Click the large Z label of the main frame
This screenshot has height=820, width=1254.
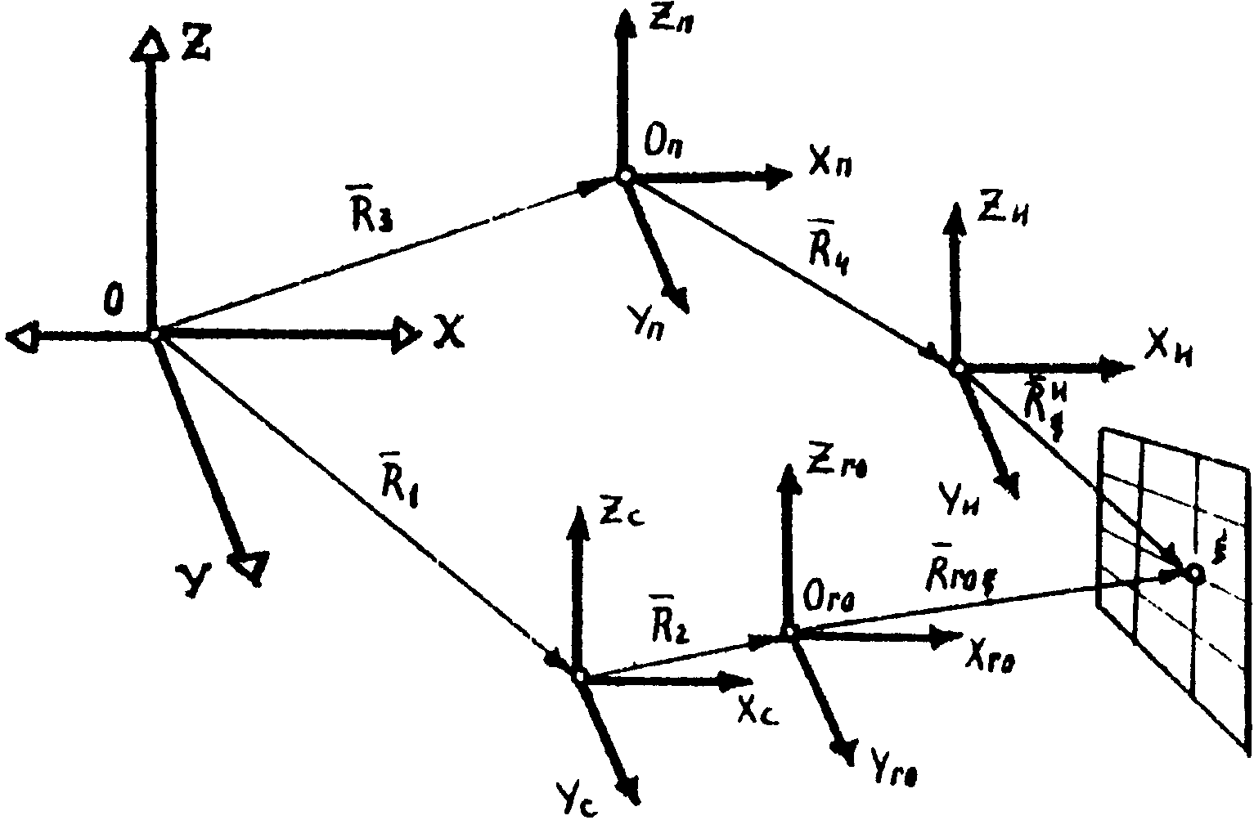pyautogui.click(x=195, y=47)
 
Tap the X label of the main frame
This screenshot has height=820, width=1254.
pyautogui.click(x=449, y=332)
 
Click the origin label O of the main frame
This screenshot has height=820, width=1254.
pyautogui.click(x=114, y=299)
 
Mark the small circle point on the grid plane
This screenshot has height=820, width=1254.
pyautogui.click(x=1195, y=574)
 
